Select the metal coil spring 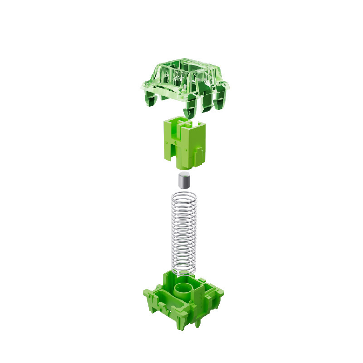[184, 231]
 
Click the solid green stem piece [184, 141]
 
